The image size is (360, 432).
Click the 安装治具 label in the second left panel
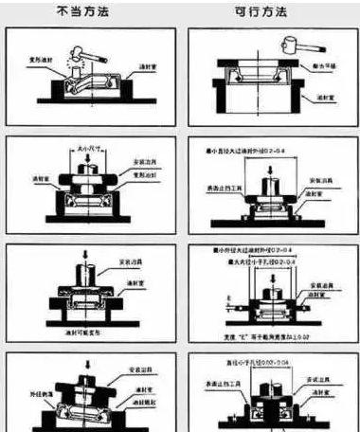click(x=144, y=163)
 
